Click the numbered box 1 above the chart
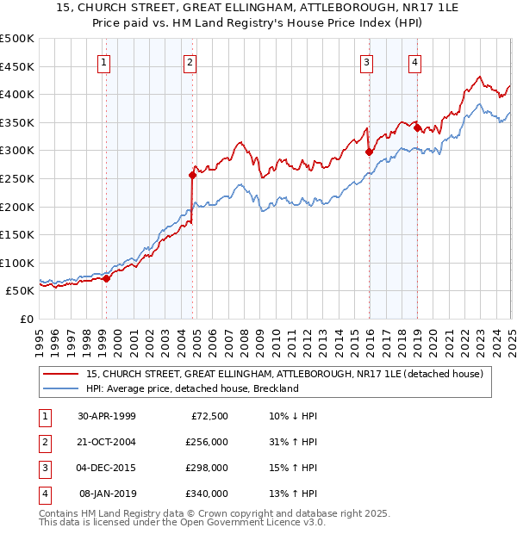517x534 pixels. (x=103, y=61)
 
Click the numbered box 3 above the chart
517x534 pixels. (x=366, y=61)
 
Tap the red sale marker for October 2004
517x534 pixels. (x=193, y=175)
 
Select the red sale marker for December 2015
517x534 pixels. (x=369, y=152)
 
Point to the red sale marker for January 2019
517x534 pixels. (x=417, y=128)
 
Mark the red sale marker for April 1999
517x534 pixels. (x=106, y=278)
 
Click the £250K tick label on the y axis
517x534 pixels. (x=17, y=178)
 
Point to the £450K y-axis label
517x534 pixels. (x=17, y=66)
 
